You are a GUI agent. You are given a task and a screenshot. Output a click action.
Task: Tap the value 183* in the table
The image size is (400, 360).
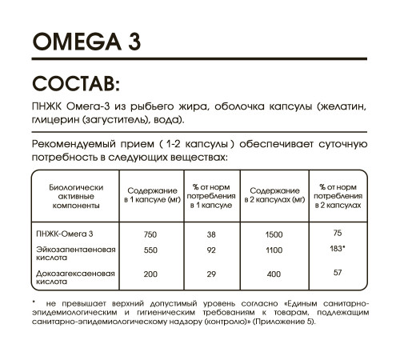tap(338, 249)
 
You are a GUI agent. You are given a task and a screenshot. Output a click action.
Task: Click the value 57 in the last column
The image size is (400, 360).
tap(338, 273)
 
